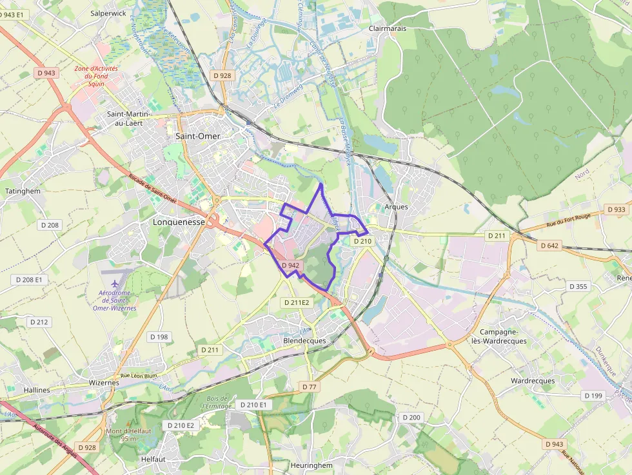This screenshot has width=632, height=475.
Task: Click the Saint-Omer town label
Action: [x=198, y=136]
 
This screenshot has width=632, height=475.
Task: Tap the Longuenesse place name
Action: [x=179, y=222]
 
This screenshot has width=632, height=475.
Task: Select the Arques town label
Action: [x=396, y=207]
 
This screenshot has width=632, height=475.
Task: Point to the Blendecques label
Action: [x=304, y=340]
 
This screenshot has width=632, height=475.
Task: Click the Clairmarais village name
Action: [x=388, y=28]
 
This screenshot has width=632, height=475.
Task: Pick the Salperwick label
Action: [x=109, y=12]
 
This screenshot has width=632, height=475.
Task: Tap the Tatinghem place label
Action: [x=23, y=191]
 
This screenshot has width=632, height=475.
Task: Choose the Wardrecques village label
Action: [x=533, y=381]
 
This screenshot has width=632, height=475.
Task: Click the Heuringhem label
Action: [x=311, y=465]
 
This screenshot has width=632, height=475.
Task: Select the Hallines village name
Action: [x=36, y=390]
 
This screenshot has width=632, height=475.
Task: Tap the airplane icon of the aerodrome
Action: [x=115, y=284]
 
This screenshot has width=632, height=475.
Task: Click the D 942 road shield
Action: [x=290, y=265]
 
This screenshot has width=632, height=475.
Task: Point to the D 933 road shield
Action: [x=617, y=209]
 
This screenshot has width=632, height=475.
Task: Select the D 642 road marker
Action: [x=549, y=245]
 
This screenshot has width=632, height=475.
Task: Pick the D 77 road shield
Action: [x=309, y=387]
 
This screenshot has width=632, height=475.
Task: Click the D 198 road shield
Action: [x=159, y=336]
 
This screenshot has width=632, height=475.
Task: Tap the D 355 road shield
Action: [x=578, y=286]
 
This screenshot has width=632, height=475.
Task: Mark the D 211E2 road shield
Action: [x=297, y=302]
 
